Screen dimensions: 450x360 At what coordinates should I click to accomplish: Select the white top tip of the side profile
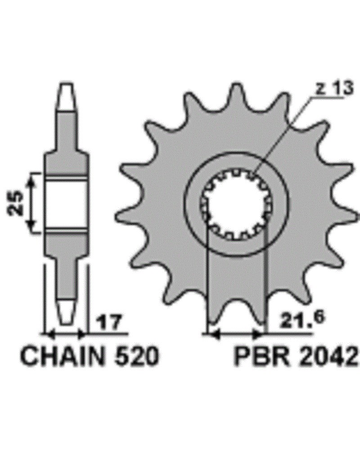67,94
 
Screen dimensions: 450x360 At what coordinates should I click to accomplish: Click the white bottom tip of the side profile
67,310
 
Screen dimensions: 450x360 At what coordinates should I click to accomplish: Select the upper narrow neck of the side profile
67,130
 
